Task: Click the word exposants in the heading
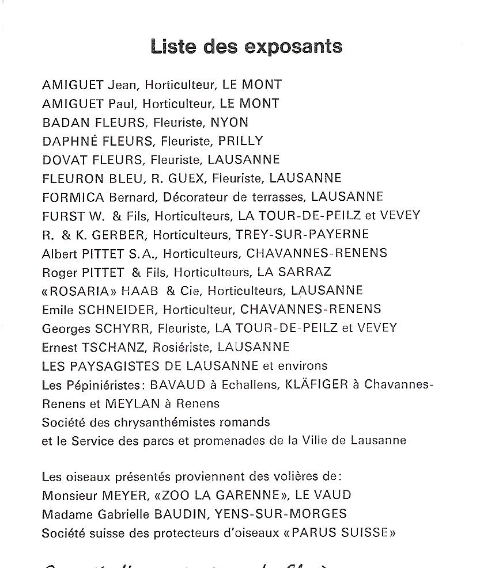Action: pyautogui.click(x=293, y=47)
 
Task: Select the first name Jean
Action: pyautogui.click(x=122, y=85)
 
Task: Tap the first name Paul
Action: pyautogui.click(x=121, y=104)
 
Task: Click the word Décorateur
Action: pyautogui.click(x=196, y=197)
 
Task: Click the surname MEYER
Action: pyautogui.click(x=119, y=495)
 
